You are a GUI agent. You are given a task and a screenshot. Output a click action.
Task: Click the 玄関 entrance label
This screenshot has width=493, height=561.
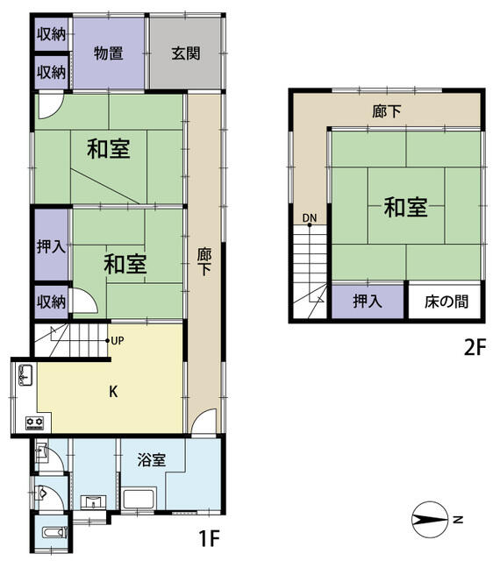tap(185, 53)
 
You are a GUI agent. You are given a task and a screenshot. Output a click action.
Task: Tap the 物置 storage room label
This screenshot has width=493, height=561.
tap(109, 53)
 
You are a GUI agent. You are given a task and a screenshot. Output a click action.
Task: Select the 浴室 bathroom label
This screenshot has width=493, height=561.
tap(152, 460)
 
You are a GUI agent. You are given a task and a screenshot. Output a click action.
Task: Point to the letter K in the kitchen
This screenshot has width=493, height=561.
tap(113, 392)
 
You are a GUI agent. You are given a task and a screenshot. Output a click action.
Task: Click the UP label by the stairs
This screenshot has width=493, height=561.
tap(118, 341)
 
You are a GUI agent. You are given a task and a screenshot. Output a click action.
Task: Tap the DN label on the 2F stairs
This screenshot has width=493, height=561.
tap(310, 218)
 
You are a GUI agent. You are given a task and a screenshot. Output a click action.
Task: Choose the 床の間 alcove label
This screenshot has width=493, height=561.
tap(447, 302)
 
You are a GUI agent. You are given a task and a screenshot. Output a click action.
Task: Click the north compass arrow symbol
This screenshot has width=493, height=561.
tap(430, 520)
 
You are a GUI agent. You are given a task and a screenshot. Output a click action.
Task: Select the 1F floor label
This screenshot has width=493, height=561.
tap(209, 537)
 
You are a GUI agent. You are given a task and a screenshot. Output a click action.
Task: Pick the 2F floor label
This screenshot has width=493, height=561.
tap(475, 347)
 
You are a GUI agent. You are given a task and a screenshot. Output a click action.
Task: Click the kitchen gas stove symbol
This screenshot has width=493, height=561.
tap(35, 423)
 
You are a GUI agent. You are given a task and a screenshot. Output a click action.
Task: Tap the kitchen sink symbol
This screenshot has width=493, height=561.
tap(25, 375)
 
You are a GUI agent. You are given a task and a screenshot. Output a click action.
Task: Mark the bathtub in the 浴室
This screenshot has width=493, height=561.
tap(139, 499)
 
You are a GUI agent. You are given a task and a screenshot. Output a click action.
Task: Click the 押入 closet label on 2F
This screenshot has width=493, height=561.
tap(368, 301)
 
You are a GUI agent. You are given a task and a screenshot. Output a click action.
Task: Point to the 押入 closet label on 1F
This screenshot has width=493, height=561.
tap(51, 246)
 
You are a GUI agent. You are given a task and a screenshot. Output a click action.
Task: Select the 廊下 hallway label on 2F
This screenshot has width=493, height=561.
tap(386, 111)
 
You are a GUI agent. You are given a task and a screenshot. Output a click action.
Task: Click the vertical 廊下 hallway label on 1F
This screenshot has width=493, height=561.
tap(204, 261)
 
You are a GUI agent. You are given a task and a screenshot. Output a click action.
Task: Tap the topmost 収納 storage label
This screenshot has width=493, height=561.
tap(51, 35)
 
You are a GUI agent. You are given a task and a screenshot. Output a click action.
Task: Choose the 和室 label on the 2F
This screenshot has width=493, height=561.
tap(405, 208)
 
